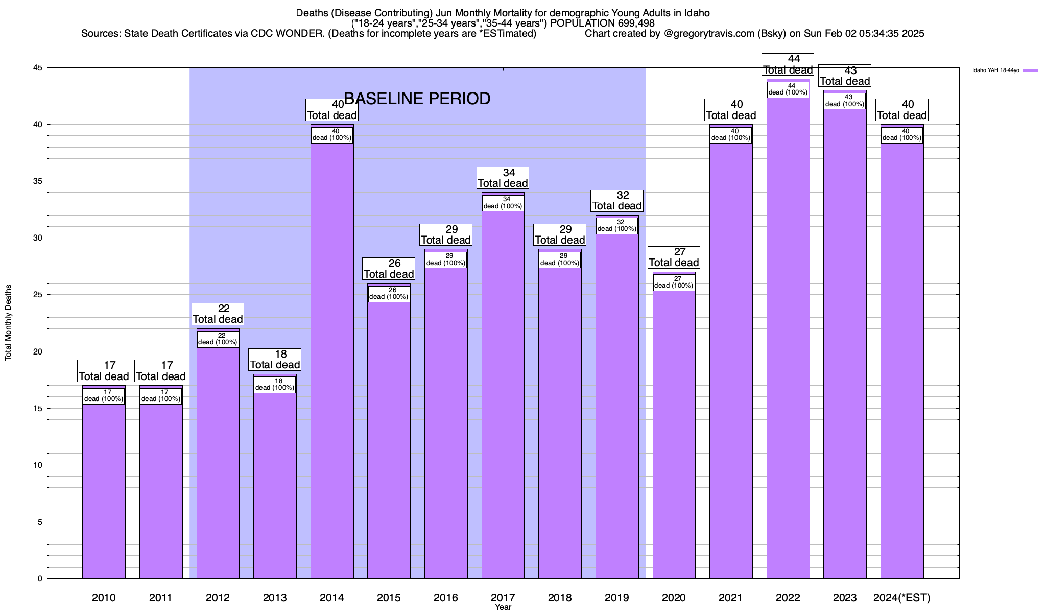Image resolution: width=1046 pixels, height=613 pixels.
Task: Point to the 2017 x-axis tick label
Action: (x=503, y=597)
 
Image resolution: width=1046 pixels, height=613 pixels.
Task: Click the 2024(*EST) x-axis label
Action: (x=902, y=597)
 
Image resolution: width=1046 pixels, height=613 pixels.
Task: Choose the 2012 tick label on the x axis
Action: (x=218, y=597)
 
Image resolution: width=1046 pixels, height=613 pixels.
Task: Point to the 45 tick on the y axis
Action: (x=38, y=68)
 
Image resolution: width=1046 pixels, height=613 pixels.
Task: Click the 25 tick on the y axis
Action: (x=38, y=295)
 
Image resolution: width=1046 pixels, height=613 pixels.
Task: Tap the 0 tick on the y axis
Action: (x=40, y=578)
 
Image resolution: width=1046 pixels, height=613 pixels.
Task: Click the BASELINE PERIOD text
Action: (x=417, y=99)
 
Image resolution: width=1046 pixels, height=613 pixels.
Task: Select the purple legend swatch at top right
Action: (x=1030, y=70)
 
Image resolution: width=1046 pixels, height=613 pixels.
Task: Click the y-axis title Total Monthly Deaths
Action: (x=8, y=323)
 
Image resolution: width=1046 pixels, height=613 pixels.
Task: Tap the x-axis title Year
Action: (x=503, y=607)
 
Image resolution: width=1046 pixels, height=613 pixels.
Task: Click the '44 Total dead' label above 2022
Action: (x=788, y=65)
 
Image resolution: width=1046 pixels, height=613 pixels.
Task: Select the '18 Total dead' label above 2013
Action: (x=275, y=360)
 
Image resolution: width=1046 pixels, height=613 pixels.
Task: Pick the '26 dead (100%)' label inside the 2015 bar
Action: (x=389, y=294)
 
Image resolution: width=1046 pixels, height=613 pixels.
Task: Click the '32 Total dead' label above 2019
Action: (x=616, y=201)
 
